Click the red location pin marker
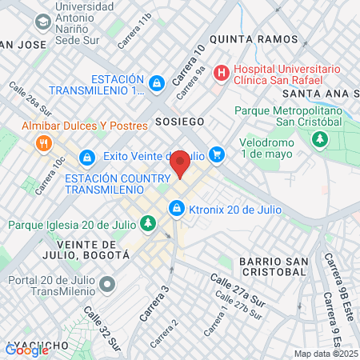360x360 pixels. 180,162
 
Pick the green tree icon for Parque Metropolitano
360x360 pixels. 320,140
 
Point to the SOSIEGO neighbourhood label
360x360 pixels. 180,122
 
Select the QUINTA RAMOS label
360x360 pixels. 242,38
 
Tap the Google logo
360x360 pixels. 26,350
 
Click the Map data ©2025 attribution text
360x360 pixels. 326,354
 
